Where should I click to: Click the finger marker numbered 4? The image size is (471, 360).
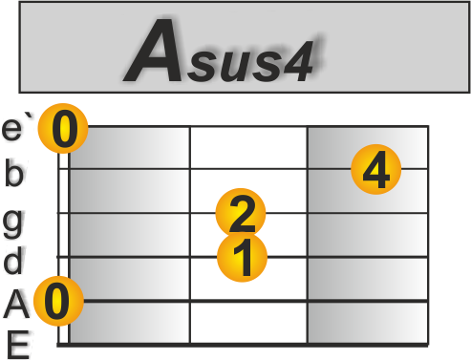point(375,171)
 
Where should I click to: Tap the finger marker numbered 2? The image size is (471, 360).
point(241,213)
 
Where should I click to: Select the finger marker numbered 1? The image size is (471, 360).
point(243,257)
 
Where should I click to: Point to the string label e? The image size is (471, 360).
point(14,127)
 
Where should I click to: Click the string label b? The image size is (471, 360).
point(14,173)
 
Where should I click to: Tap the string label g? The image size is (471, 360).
point(13,220)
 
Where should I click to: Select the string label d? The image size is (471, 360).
point(14,260)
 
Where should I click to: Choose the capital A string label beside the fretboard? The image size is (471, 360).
point(16,305)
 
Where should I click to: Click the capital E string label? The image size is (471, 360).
point(16,343)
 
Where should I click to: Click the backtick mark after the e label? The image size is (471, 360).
point(33,118)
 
